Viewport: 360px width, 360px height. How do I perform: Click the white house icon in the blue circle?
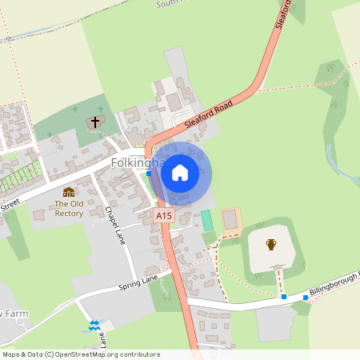pyautogui.click(x=180, y=172)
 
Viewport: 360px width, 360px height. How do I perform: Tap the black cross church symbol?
pyautogui.click(x=95, y=122)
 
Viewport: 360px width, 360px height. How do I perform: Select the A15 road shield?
pyautogui.click(x=164, y=216)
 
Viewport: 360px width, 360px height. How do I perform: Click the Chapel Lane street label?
pyautogui.click(x=115, y=226)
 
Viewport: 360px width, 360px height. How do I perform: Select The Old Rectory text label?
pyautogui.click(x=69, y=208)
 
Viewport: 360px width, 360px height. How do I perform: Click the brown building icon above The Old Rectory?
pyautogui.click(x=69, y=192)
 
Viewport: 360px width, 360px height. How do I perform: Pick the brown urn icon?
pyautogui.click(x=271, y=244)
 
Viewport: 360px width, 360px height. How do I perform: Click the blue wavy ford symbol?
pyautogui.click(x=94, y=325)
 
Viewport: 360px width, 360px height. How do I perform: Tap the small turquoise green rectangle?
pyautogui.click(x=208, y=221)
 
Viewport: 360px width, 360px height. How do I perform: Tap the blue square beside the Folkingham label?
pyautogui.click(x=149, y=173)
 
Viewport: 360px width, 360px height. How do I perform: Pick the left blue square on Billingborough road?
pyautogui.click(x=284, y=297)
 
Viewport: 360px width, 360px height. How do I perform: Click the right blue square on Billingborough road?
pyautogui.click(x=306, y=298)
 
